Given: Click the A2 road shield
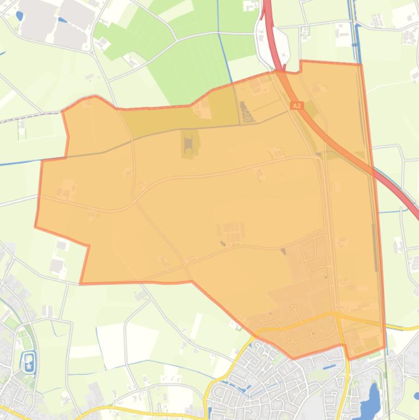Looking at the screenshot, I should click(297, 105).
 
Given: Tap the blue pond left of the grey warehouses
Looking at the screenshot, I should click(20, 16).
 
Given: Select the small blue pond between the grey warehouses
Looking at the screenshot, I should click(62, 21).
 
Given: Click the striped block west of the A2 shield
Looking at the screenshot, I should click(247, 113).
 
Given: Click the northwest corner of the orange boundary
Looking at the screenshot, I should click(63, 111).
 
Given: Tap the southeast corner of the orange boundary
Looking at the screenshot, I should click(385, 347).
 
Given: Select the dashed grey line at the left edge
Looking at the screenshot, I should click(22, 118).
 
